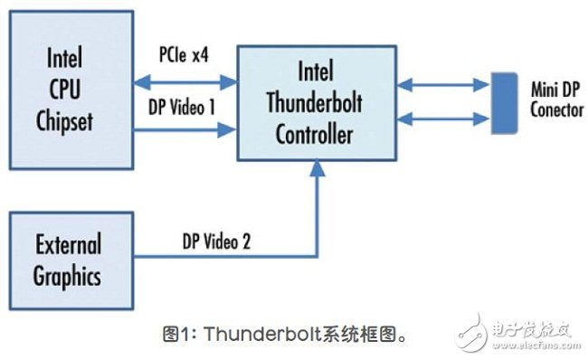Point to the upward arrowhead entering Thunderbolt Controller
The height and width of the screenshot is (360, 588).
(315, 168)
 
